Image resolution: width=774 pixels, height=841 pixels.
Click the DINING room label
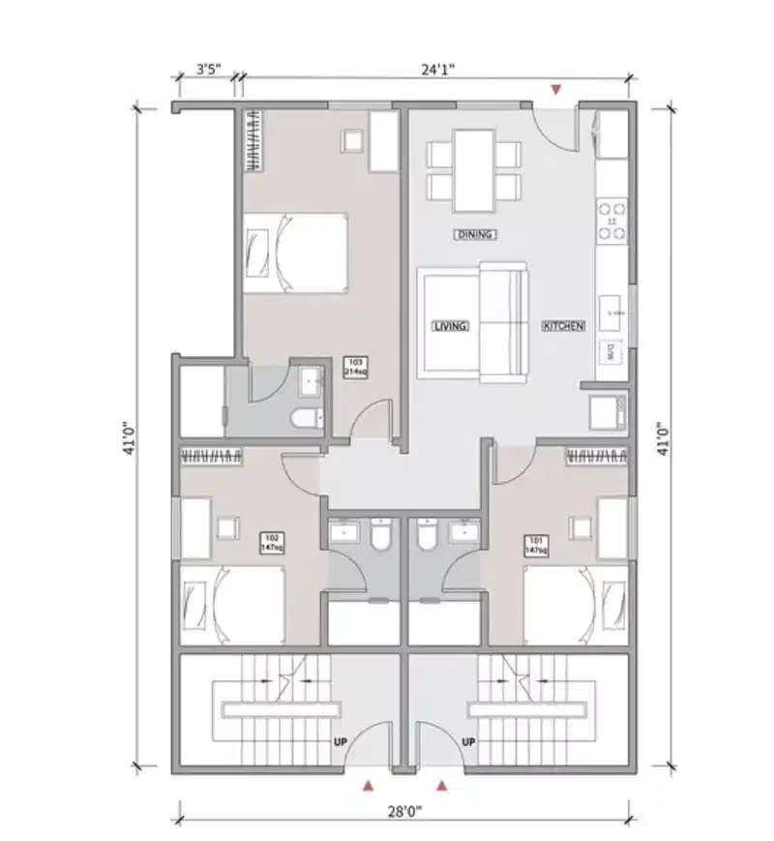475,234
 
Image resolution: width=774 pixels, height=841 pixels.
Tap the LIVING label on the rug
450,326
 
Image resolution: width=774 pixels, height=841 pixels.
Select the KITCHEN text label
563,326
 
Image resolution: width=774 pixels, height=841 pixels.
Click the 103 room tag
354,366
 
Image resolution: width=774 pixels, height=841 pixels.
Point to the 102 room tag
271,543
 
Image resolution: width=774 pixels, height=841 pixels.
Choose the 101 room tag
536,545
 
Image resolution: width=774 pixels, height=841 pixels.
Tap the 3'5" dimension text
208,69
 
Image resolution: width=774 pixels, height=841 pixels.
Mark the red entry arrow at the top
554,90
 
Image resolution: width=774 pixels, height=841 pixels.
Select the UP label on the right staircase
469,742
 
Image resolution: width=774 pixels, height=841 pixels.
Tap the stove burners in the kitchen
612,222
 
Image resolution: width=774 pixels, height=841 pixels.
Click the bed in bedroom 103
295,253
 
